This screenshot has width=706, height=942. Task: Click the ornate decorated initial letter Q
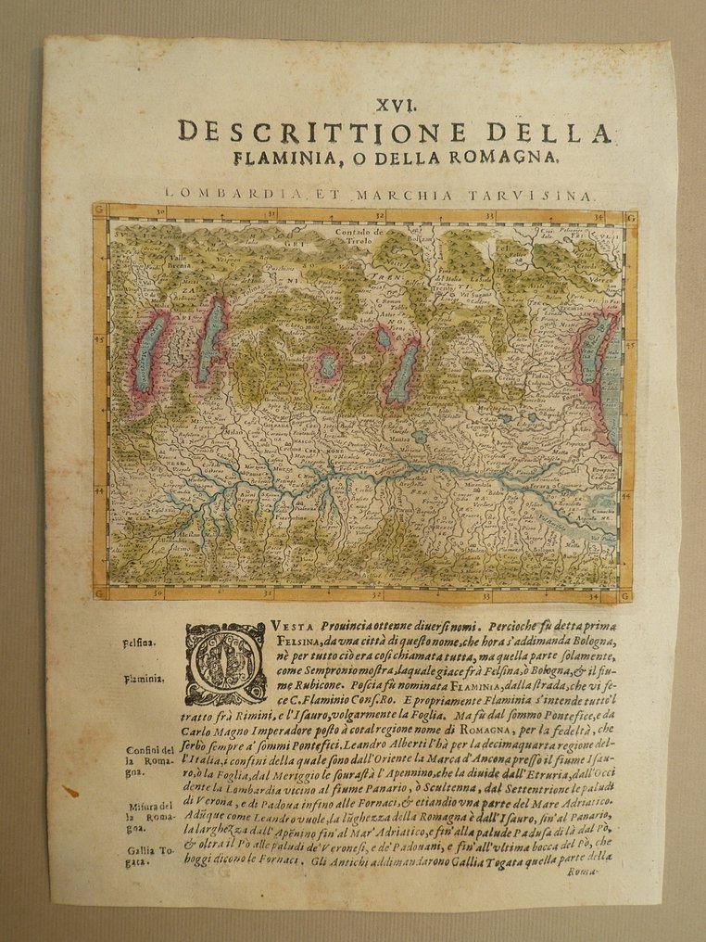pos(225,664)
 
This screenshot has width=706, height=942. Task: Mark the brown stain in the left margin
pos(70,792)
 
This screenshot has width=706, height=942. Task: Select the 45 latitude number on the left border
pos(100,339)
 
